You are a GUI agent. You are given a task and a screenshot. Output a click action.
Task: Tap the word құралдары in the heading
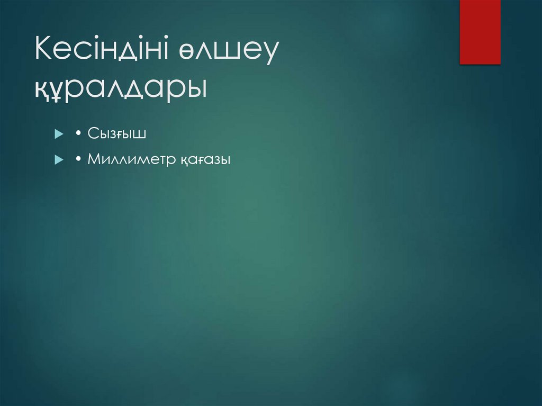(x=120, y=87)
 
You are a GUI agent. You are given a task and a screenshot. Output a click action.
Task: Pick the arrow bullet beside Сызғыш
(x=58, y=134)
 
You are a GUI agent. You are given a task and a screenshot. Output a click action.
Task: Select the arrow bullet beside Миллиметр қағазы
(x=58, y=159)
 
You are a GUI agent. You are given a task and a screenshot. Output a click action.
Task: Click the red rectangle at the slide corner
(x=480, y=32)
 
